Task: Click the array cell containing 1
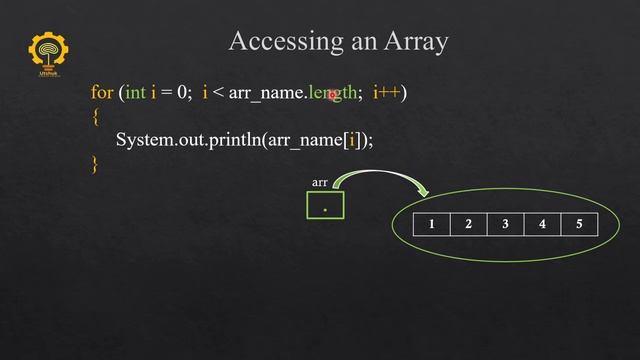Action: pyautogui.click(x=432, y=224)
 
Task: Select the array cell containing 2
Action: pyautogui.click(x=468, y=224)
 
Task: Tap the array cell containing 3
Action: pyautogui.click(x=505, y=224)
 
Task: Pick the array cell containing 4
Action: pyautogui.click(x=542, y=224)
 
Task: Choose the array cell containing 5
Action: pyautogui.click(x=579, y=224)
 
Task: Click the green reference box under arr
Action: pyautogui.click(x=325, y=206)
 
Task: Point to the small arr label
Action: pyautogui.click(x=320, y=183)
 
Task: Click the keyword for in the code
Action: pyautogui.click(x=102, y=93)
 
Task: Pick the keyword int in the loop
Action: pyautogui.click(x=135, y=93)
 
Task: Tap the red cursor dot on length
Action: pyautogui.click(x=333, y=95)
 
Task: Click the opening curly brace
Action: pyautogui.click(x=95, y=117)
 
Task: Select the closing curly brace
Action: pyautogui.click(x=95, y=164)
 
